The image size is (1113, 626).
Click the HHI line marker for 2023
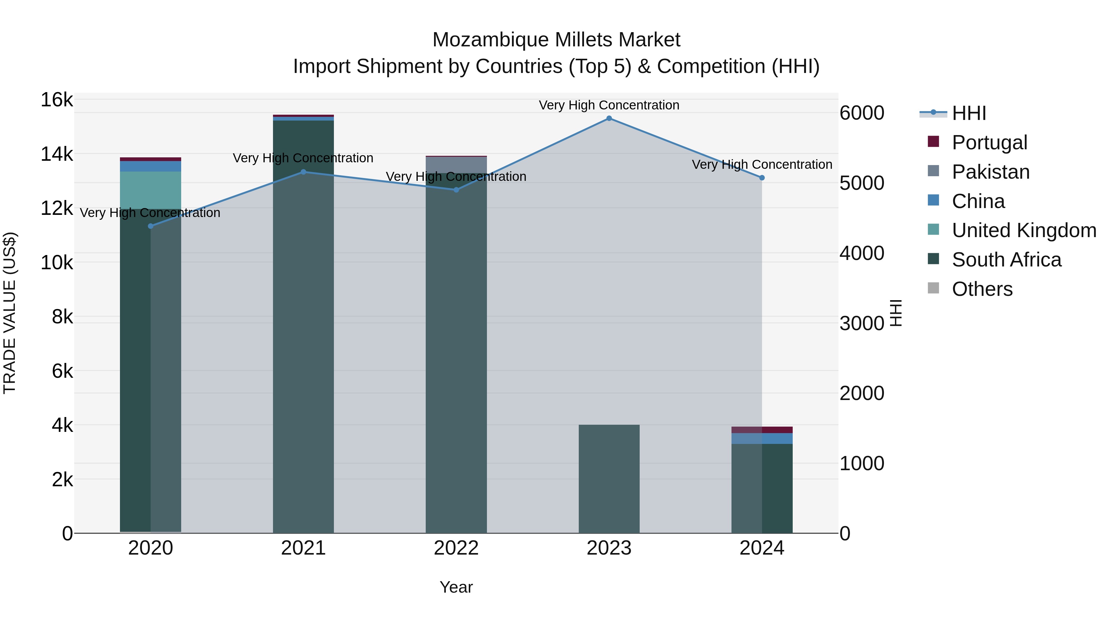tap(609, 118)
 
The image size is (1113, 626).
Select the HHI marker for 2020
tap(150, 226)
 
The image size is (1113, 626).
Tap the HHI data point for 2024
tap(762, 177)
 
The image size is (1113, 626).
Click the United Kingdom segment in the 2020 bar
tap(150, 190)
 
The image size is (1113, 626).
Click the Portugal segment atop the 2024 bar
tap(762, 430)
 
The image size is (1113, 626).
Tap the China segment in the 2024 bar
tap(762, 438)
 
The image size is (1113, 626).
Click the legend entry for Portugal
tap(989, 143)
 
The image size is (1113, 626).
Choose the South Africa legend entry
tap(1006, 260)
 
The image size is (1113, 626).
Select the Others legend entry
tap(982, 289)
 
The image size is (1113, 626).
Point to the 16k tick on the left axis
tap(57, 100)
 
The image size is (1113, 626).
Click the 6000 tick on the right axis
tap(862, 113)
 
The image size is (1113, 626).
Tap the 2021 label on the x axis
tap(303, 548)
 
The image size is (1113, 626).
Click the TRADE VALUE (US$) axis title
tap(10, 313)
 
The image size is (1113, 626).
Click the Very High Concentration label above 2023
tap(609, 105)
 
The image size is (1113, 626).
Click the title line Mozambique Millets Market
tap(556, 40)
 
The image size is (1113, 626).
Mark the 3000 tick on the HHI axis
tap(862, 323)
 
